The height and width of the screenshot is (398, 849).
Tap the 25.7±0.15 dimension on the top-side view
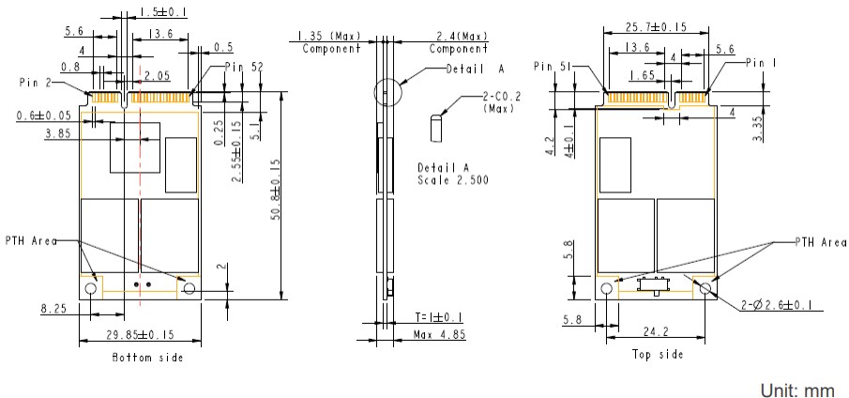point(653,28)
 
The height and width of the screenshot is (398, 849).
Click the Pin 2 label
point(36,83)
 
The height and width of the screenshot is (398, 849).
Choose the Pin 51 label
point(553,67)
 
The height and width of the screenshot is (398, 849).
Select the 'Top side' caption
point(657,354)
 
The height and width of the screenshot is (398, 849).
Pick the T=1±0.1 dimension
point(437,317)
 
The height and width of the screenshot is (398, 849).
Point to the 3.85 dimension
point(58,133)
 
